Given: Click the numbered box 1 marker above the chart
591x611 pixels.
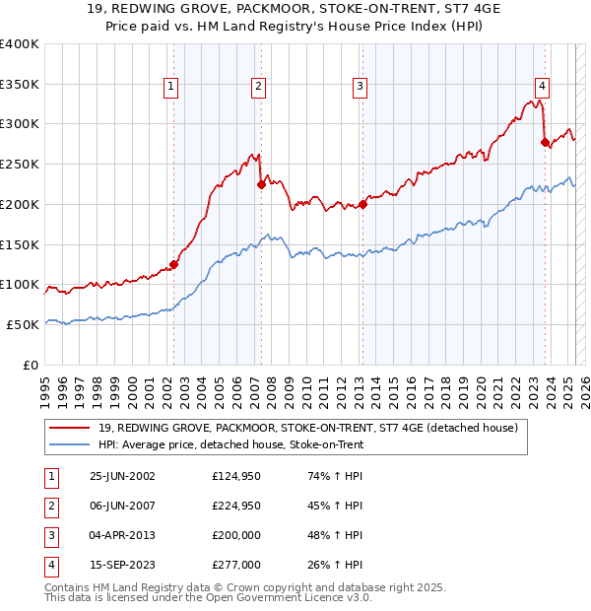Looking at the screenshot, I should coord(171,87).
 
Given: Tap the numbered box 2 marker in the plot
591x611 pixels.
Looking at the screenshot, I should coord(258,87).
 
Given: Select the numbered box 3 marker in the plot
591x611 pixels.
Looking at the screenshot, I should coord(361,87).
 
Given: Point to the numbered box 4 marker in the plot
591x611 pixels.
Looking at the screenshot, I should coord(543,87).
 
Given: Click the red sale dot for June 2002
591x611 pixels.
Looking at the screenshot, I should coord(173,264).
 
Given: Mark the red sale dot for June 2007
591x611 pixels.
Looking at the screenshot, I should coord(260,183).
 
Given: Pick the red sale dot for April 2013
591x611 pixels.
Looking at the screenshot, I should coord(362,204).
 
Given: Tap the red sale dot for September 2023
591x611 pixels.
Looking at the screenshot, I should coord(545,142).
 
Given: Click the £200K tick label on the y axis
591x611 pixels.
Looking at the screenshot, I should coord(20,204).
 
